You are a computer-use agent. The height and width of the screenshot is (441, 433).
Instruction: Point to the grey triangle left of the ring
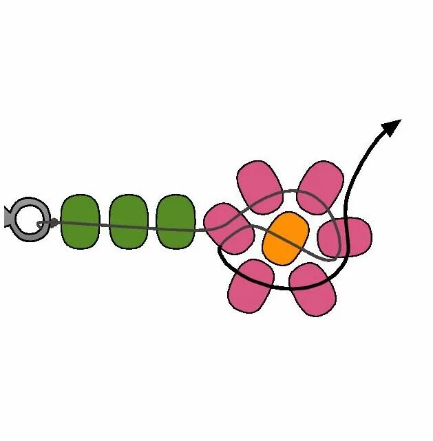pos(8,217)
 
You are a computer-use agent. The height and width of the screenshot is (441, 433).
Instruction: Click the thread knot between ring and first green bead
pos(52,223)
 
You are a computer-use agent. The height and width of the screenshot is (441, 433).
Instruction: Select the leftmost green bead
pos(81,222)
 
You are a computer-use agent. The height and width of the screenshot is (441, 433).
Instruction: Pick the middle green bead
pos(129,222)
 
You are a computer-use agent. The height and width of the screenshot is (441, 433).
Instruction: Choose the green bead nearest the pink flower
pos(176,222)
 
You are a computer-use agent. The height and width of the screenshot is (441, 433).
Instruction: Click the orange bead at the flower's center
pos(285,237)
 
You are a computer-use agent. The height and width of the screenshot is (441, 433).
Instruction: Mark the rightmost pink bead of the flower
pos(346,237)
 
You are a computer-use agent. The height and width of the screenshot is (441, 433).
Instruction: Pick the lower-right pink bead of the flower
pos(313,290)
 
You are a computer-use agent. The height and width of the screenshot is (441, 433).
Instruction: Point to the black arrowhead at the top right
pos(392,126)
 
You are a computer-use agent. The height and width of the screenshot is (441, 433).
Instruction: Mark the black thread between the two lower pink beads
pos(282,288)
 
